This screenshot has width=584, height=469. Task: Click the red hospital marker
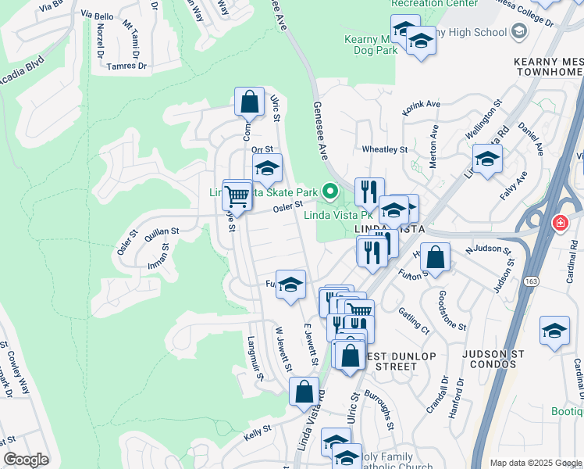click(x=559, y=224)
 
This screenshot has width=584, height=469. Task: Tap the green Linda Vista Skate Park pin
click(x=331, y=190)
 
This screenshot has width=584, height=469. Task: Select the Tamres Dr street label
click(x=126, y=66)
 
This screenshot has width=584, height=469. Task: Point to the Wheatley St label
click(x=385, y=149)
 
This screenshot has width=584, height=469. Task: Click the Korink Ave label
click(x=422, y=104)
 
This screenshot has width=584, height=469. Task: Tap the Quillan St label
click(x=162, y=231)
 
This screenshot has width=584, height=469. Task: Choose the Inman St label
click(x=165, y=256)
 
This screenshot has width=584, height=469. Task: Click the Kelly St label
click(x=257, y=431)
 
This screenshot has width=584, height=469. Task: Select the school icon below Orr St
click(x=267, y=169)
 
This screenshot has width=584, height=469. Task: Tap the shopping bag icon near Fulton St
click(x=436, y=257)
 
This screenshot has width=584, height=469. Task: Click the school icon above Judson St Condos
click(x=554, y=330)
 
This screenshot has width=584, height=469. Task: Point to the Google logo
click(x=27, y=460)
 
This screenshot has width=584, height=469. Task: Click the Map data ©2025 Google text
click(x=536, y=463)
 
